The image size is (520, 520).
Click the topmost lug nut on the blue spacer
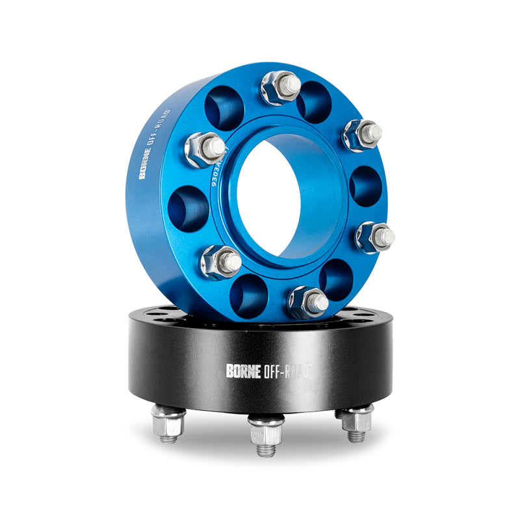pyautogui.click(x=281, y=87)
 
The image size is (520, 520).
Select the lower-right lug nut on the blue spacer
pyautogui.click(x=374, y=237)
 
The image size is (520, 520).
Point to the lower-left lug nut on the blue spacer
pyautogui.click(x=220, y=261)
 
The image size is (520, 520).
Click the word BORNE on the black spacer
pyautogui.click(x=244, y=370)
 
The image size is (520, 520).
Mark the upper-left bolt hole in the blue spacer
pyautogui.click(x=224, y=107)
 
